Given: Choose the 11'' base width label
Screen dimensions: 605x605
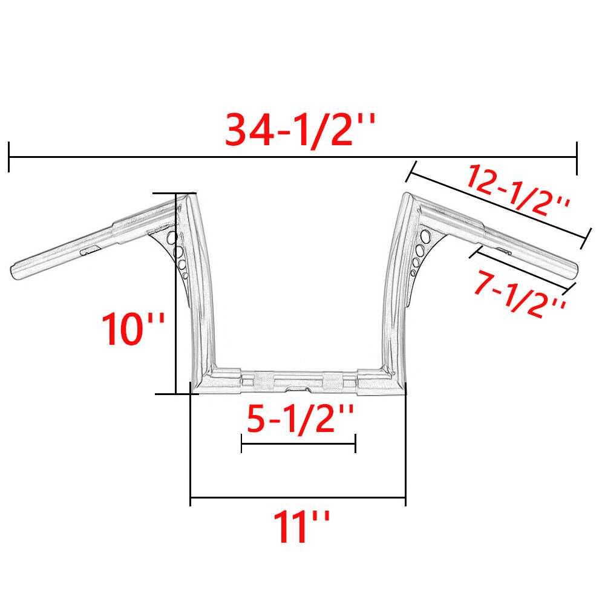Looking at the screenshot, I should tap(301, 526).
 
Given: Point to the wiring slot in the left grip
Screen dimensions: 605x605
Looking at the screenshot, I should tap(91, 249).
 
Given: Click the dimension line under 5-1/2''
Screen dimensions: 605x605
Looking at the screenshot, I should tap(298, 443).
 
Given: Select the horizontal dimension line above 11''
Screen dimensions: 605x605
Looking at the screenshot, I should tap(298, 499).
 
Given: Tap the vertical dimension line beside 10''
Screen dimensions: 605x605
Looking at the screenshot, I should tap(175, 293).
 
